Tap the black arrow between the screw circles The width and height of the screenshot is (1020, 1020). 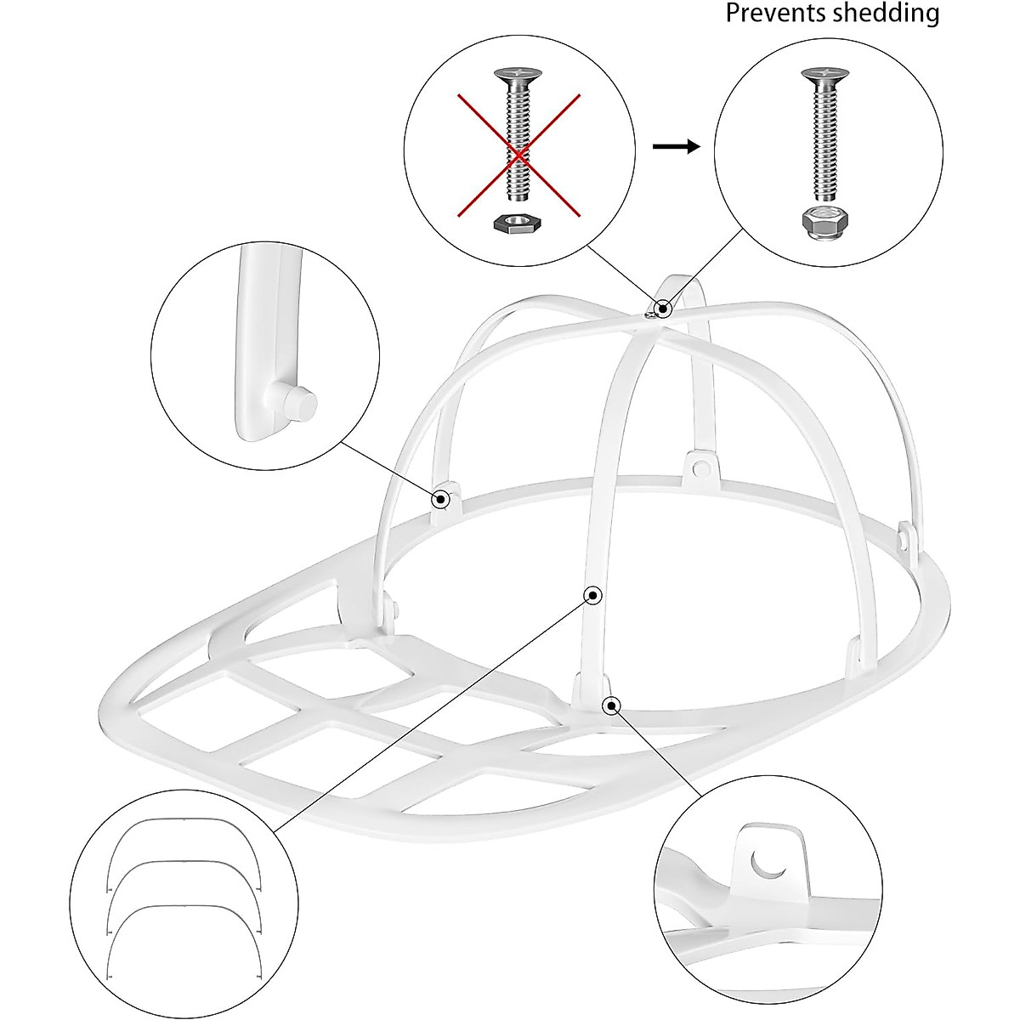[676, 147]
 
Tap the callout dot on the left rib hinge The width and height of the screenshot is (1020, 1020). [440, 500]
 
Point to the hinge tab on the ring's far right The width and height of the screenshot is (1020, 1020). [907, 537]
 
